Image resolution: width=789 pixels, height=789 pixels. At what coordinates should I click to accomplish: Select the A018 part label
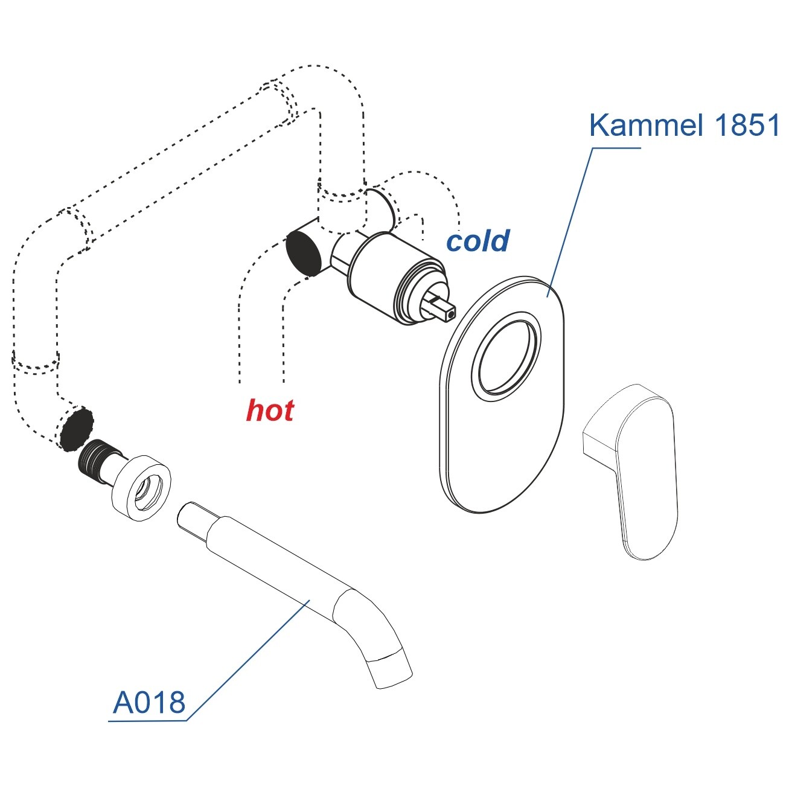[x=149, y=702]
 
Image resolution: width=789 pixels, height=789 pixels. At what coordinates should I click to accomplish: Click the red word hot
[x=270, y=410]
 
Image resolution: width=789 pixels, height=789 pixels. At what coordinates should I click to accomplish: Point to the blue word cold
[x=478, y=240]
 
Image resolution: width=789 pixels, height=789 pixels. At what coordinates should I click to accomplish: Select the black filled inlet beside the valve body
[x=304, y=252]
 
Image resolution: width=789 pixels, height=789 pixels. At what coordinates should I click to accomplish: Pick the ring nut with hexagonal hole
[x=141, y=487]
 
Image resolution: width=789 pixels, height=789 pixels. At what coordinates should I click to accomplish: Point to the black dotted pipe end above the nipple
[x=76, y=429]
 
